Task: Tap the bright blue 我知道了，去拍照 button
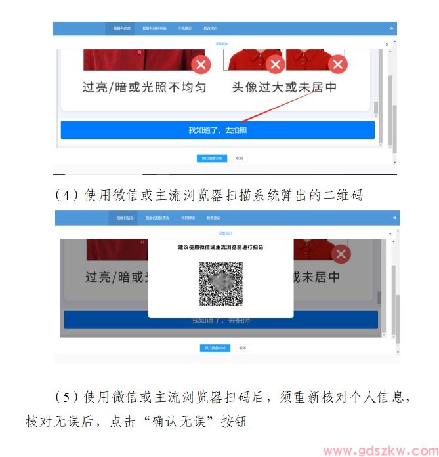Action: [217, 130]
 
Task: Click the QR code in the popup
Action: [220, 284]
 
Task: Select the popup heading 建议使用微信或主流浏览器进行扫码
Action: [220, 247]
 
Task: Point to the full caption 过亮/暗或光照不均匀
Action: [144, 87]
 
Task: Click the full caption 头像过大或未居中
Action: [284, 87]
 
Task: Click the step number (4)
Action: [66, 195]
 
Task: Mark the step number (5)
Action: [66, 397]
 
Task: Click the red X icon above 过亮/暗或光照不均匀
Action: [201, 64]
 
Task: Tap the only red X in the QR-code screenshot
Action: [341, 255]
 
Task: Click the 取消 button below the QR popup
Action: [242, 348]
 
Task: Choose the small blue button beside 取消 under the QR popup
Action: [215, 348]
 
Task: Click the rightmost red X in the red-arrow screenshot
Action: [338, 64]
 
